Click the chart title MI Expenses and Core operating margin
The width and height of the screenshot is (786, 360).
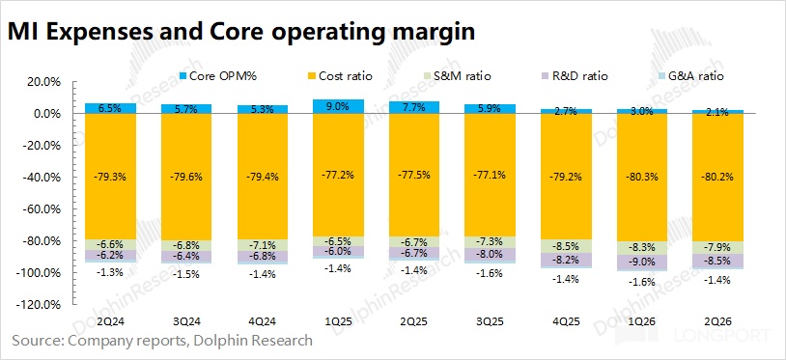point(241,32)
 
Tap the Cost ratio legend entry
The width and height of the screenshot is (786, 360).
point(340,76)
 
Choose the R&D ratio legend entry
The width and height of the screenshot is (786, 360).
point(574,76)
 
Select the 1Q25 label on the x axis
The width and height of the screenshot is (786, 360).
point(338,320)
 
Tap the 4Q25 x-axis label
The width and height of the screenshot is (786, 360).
point(566,320)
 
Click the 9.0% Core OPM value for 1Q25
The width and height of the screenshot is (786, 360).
point(338,106)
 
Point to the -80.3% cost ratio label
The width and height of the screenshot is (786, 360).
point(642,178)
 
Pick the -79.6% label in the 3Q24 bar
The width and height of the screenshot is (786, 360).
point(186,177)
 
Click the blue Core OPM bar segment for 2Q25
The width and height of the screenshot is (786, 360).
point(414,108)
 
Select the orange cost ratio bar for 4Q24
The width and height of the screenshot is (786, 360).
point(263,177)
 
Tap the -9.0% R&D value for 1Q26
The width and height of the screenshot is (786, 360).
point(642,262)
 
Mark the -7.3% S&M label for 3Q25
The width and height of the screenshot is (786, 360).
point(491,241)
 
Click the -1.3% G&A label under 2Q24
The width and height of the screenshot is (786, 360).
point(110,272)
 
